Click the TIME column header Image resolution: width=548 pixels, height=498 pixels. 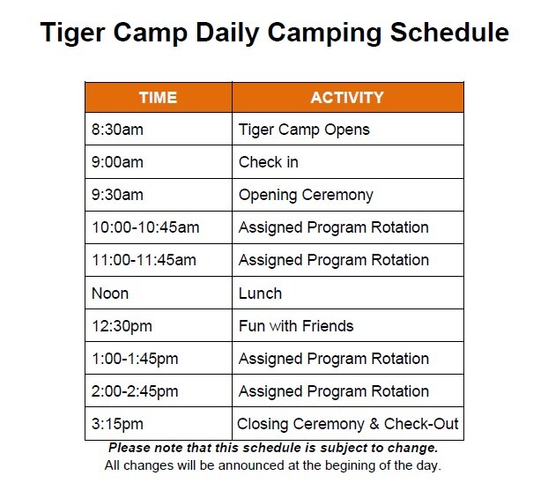pyautogui.click(x=158, y=98)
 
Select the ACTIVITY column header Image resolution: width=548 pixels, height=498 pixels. pyautogui.click(x=347, y=98)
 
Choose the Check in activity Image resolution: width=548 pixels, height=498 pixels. pyautogui.click(x=269, y=162)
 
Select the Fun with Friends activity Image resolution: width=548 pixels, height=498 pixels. pyautogui.click(x=296, y=326)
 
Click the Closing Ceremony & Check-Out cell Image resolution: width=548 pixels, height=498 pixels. pyautogui.click(x=348, y=424)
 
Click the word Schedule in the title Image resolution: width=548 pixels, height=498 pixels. pyautogui.click(x=449, y=33)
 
